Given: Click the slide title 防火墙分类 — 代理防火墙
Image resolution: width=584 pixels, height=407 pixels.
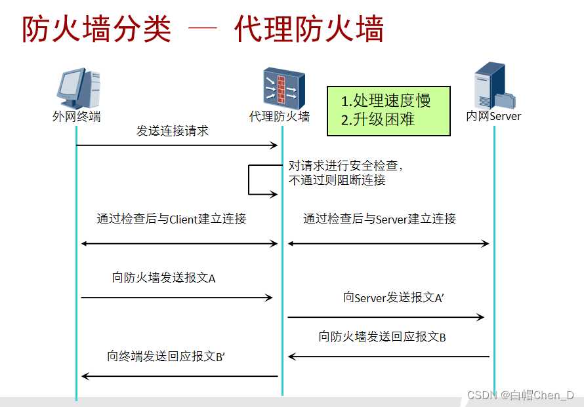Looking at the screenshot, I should pyautogui.click(x=203, y=29).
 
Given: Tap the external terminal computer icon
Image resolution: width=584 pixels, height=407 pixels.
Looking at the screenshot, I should pyautogui.click(x=77, y=88).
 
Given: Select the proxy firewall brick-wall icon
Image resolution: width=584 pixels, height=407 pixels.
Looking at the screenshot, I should pyautogui.click(x=280, y=87).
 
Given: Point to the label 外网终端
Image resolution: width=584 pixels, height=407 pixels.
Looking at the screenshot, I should pyautogui.click(x=76, y=117).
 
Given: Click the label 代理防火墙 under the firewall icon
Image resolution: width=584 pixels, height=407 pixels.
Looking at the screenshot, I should pyautogui.click(x=280, y=117).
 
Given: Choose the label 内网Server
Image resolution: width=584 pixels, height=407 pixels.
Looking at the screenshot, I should pyautogui.click(x=493, y=117).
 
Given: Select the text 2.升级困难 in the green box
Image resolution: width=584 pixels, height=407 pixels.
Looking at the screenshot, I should pyautogui.click(x=378, y=120).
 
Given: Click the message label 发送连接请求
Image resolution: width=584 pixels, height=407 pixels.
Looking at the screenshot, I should pyautogui.click(x=172, y=131).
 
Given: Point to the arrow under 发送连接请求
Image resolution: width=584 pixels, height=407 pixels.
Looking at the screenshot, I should pyautogui.click(x=177, y=145).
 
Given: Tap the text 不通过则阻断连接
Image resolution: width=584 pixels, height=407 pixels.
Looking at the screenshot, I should pyautogui.click(x=337, y=180).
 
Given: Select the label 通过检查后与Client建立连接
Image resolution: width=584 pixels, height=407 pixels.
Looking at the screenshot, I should pyautogui.click(x=171, y=220).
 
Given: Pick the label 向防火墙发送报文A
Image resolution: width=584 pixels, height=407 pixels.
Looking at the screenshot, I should pyautogui.click(x=164, y=278).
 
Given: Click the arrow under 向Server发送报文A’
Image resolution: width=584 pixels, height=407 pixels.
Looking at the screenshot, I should pyautogui.click(x=386, y=317).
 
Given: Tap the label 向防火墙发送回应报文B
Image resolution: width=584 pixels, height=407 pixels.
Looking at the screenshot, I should pyautogui.click(x=383, y=338).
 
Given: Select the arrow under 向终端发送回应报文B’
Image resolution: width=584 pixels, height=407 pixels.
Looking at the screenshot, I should pyautogui.click(x=179, y=376).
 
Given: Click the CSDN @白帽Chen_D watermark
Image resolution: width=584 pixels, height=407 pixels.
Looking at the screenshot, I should pyautogui.click(x=520, y=395).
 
